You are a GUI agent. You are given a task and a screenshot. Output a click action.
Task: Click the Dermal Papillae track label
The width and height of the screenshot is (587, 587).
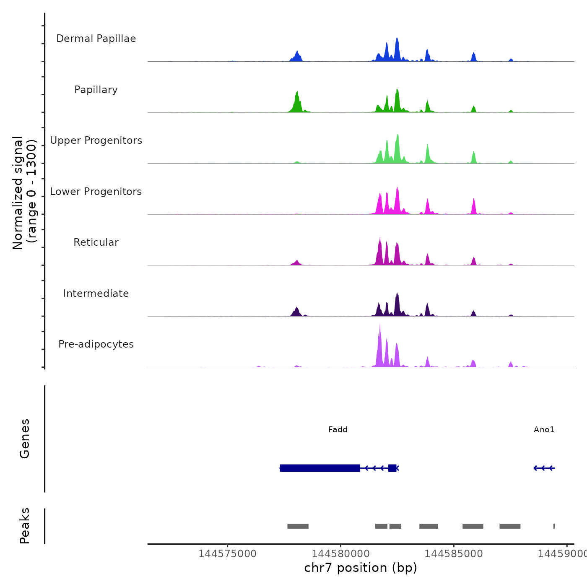click(x=96, y=39)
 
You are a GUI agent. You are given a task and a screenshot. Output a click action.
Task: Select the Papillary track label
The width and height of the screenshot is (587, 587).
click(x=96, y=90)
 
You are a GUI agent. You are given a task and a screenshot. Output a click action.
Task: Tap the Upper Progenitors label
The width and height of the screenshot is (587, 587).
click(x=96, y=140)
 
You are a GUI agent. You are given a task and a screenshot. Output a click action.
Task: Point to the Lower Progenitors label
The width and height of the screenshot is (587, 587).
click(x=96, y=192)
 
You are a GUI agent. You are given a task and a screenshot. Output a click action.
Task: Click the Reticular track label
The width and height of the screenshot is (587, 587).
click(x=96, y=242)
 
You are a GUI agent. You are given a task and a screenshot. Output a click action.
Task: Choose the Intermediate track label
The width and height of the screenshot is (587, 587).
click(x=96, y=293)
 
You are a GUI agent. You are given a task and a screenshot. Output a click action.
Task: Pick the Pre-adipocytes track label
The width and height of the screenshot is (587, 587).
click(x=96, y=344)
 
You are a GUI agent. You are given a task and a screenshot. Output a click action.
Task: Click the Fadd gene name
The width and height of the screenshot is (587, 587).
click(x=338, y=429)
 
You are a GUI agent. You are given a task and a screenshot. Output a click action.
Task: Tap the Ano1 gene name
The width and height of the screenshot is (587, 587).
click(x=544, y=429)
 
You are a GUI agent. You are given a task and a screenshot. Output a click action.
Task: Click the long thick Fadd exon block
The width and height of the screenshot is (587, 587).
click(x=320, y=468)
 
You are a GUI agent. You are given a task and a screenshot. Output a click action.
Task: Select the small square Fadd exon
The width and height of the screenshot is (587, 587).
click(x=392, y=468)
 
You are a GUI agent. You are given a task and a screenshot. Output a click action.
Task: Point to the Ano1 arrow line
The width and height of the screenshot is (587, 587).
click(x=544, y=468)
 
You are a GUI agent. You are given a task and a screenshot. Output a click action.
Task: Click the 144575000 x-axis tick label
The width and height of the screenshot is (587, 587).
click(x=227, y=553)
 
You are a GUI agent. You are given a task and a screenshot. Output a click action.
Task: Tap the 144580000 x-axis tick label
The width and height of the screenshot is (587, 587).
click(x=340, y=553)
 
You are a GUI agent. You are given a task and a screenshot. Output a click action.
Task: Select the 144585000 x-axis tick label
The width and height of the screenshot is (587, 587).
click(x=454, y=553)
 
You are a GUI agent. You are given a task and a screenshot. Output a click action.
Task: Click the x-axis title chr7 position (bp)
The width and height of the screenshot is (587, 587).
click(x=361, y=568)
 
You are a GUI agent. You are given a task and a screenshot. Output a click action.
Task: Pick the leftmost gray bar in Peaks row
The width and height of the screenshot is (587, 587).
click(x=298, y=526)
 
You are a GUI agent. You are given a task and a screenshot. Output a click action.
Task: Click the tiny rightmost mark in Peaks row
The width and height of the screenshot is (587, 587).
click(x=554, y=526)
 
